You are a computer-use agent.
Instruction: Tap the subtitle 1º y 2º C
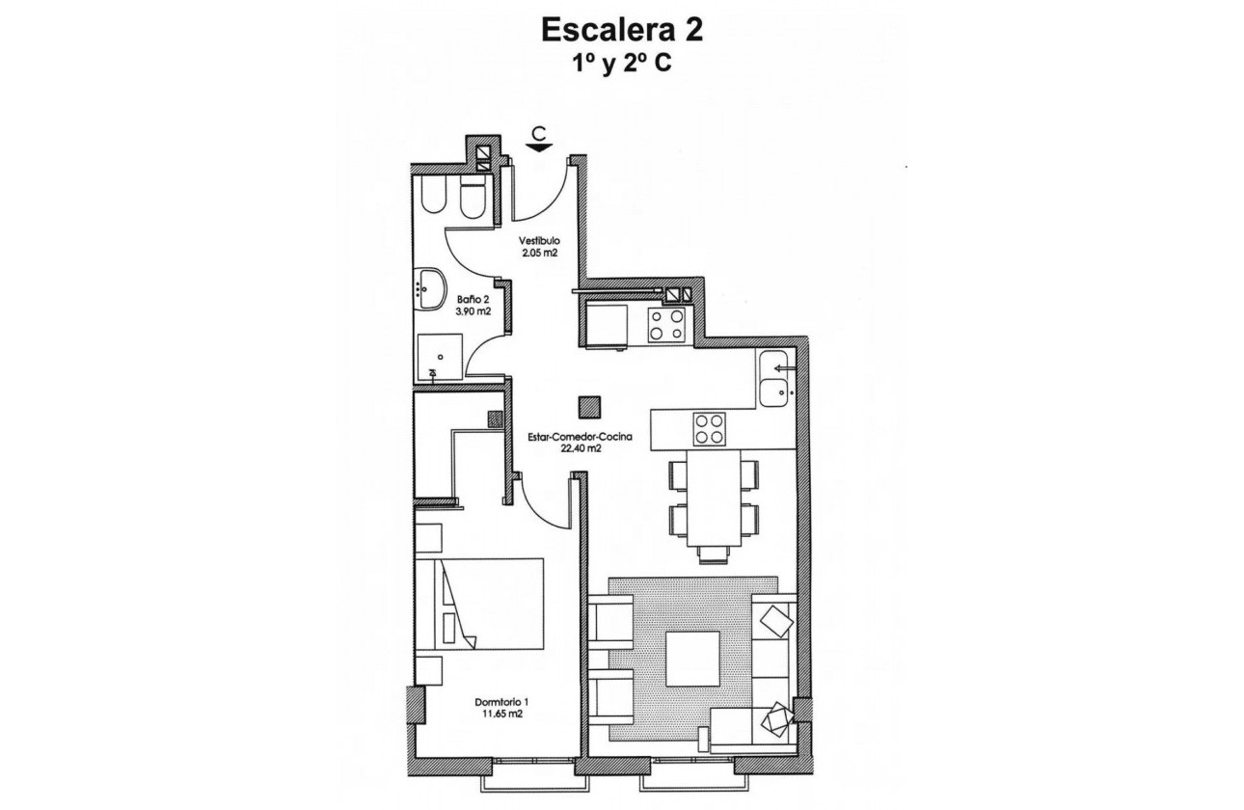coord(622,67)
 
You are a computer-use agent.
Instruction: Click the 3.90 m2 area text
coord(473,311)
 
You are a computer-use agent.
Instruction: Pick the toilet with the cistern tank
coord(473,199)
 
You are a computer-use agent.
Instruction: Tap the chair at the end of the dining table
coord(713,553)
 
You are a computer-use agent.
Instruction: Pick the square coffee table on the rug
coord(693,659)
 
